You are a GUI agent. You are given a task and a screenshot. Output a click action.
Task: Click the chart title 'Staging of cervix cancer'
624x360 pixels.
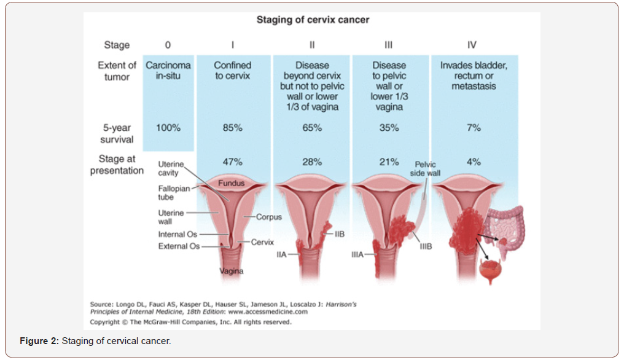pyautogui.click(x=313, y=20)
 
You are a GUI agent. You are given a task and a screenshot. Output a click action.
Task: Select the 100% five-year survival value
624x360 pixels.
pyautogui.click(x=168, y=128)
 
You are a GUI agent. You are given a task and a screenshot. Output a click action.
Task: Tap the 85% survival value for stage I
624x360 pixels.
pyautogui.click(x=232, y=128)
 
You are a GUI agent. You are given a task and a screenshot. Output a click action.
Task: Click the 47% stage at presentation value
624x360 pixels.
pyautogui.click(x=232, y=162)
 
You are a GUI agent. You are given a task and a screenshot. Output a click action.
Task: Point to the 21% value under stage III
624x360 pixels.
pyautogui.click(x=388, y=162)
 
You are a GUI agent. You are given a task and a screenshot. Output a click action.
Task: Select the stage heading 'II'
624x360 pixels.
pyautogui.click(x=311, y=45)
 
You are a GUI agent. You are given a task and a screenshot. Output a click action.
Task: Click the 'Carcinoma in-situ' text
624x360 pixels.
pyautogui.click(x=168, y=71)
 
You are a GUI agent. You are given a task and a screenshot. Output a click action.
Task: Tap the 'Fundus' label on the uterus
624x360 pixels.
pyautogui.click(x=231, y=183)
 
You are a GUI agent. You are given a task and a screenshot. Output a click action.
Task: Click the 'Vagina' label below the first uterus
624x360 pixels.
pyautogui.click(x=232, y=271)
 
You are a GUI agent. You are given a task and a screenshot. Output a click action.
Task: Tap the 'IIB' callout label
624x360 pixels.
pyautogui.click(x=340, y=234)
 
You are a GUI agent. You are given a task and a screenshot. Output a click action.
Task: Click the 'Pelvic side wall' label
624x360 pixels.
pyautogui.click(x=425, y=169)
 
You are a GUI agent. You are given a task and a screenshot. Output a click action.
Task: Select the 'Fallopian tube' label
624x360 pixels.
pyautogui.click(x=174, y=193)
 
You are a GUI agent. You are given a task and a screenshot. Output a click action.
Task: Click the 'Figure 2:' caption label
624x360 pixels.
pyautogui.click(x=38, y=341)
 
